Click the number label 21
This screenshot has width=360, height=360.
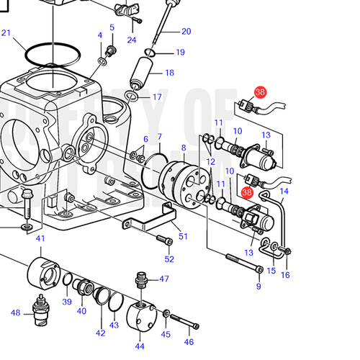click(6, 32)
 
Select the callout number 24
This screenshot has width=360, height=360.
click(132, 40)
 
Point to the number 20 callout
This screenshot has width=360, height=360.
click(186, 31)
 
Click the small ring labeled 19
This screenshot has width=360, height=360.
click(150, 52)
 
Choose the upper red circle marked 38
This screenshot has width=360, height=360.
click(260, 92)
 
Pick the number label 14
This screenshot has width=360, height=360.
click(284, 192)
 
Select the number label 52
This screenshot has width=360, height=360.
click(169, 259)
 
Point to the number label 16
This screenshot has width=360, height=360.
click(286, 275)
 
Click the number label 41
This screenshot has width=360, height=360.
click(40, 238)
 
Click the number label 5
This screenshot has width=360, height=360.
click(112, 27)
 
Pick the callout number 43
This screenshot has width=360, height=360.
click(114, 325)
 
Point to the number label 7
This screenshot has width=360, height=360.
click(159, 136)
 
